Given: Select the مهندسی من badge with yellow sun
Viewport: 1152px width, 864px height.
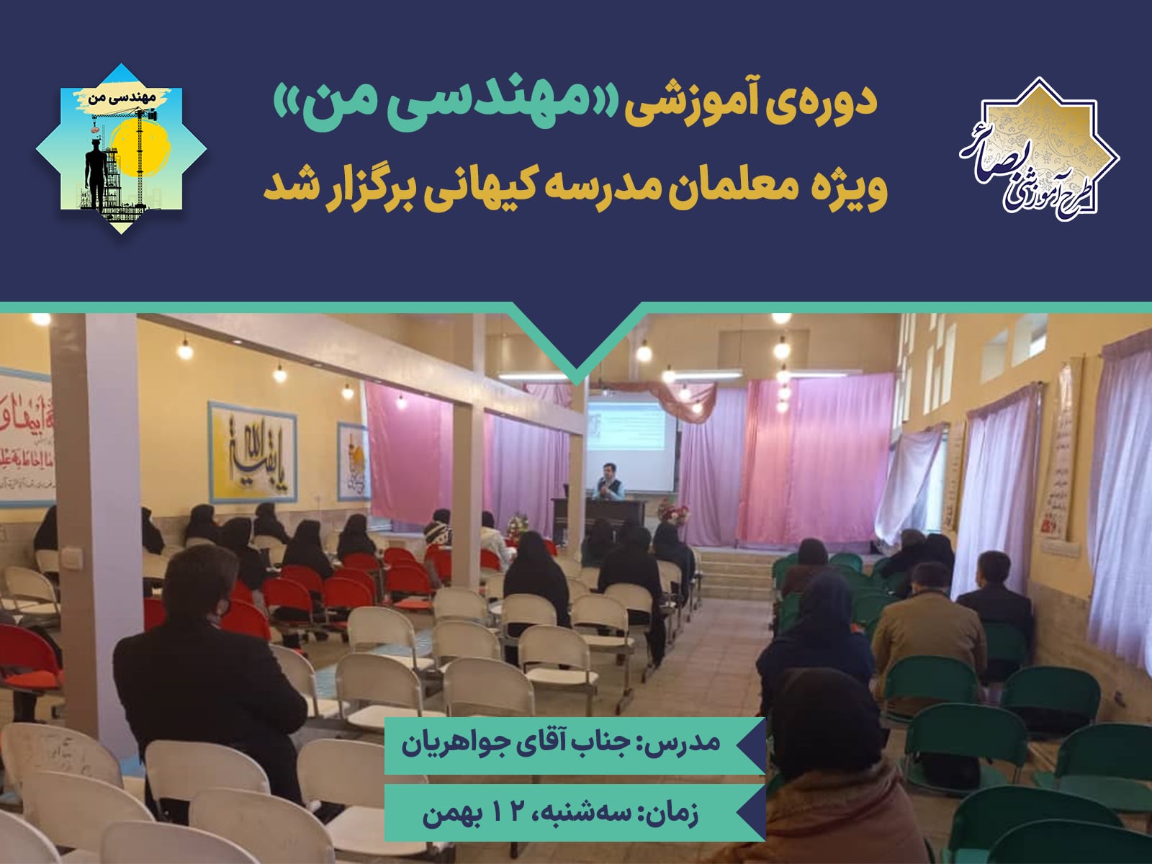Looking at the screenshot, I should (121, 149).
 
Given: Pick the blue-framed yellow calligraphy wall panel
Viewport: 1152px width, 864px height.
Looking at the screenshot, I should (252, 452).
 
